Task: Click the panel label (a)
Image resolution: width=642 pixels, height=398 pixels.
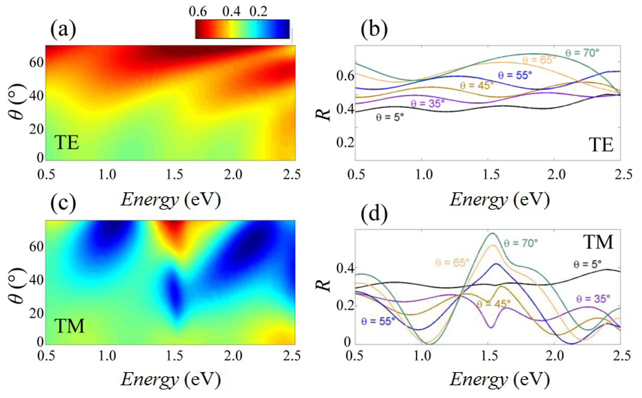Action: (x=63, y=30)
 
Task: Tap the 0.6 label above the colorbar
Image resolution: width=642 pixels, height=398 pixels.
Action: (x=198, y=12)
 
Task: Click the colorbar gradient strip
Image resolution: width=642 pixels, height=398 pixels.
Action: (x=242, y=29)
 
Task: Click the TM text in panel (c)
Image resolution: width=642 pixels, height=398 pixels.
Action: (x=69, y=326)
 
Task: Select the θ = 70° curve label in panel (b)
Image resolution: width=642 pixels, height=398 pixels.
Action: (x=582, y=53)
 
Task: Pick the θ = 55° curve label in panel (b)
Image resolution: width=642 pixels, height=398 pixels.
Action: (x=515, y=75)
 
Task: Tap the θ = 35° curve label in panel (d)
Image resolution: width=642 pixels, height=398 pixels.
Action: (x=593, y=299)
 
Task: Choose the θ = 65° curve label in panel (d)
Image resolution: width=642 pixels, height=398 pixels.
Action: (x=452, y=263)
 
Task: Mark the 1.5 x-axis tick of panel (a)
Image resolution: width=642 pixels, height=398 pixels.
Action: (x=174, y=174)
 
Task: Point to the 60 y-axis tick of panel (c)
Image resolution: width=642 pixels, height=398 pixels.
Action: (x=36, y=246)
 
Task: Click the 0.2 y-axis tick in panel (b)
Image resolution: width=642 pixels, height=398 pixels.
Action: (x=345, y=142)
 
